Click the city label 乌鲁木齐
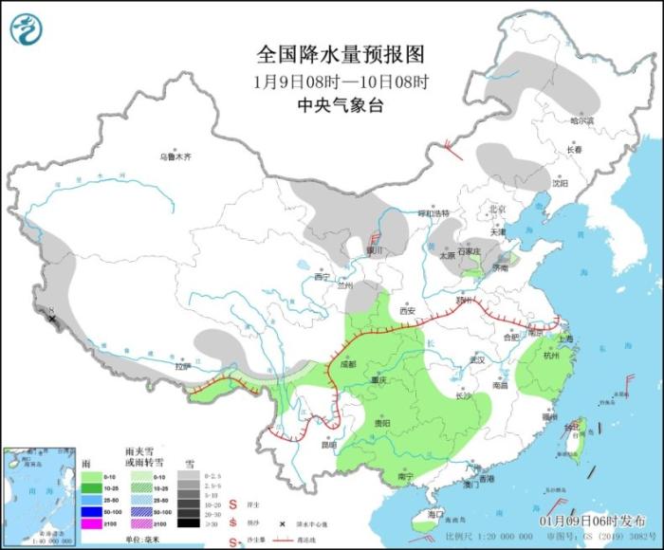point(175,156)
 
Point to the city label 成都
point(346,363)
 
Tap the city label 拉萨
point(182,366)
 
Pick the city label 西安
point(407,310)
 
